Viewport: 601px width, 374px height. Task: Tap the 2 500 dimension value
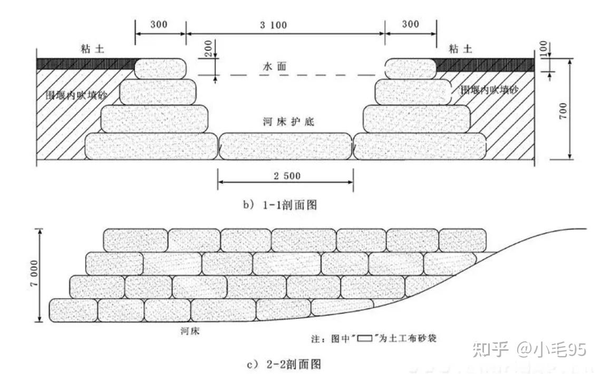click(x=287, y=176)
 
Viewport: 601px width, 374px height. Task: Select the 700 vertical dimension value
click(x=563, y=110)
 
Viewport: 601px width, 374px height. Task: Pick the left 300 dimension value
click(x=159, y=25)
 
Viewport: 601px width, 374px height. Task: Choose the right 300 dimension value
click(x=410, y=25)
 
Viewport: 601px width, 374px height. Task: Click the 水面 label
click(x=274, y=68)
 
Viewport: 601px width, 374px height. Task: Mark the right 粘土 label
click(x=461, y=49)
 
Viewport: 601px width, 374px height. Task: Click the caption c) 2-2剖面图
click(x=284, y=363)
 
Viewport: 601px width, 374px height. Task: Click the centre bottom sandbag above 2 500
click(x=285, y=146)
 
